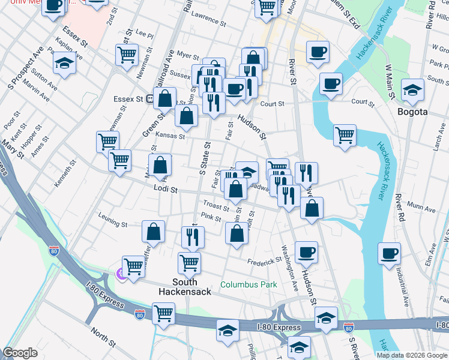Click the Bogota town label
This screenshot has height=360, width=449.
coord(412,112)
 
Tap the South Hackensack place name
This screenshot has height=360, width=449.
coord(185,286)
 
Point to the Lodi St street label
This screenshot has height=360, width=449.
coord(166,190)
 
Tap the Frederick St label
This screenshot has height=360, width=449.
coord(265,261)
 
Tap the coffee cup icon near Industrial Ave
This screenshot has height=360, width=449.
coord(390,253)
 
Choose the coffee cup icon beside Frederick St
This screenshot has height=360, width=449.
coord(306,252)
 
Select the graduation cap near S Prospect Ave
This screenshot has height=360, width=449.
coord(64,63)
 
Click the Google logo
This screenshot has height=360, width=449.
coord(20,353)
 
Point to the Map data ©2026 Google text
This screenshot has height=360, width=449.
coord(412,355)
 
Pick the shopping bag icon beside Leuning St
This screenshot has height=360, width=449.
coord(154,232)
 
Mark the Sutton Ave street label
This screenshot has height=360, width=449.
coord(44,79)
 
